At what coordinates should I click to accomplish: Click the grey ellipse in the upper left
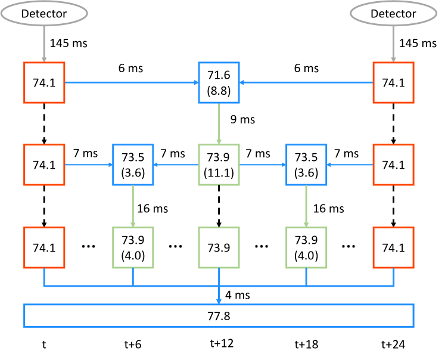pyautogui.click(x=44, y=13)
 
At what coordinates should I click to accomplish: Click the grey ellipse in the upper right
pyautogui.click(x=393, y=13)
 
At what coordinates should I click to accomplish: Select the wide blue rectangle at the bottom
pyautogui.click(x=219, y=316)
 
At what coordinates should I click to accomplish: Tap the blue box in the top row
pyautogui.click(x=219, y=82)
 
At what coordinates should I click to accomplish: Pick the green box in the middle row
pyautogui.click(x=219, y=165)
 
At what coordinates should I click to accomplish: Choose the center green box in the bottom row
pyautogui.click(x=219, y=247)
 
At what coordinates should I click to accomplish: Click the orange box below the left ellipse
pyautogui.click(x=44, y=82)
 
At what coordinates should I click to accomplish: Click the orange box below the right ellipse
pyautogui.click(x=393, y=82)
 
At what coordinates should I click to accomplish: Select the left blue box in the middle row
pyautogui.click(x=133, y=165)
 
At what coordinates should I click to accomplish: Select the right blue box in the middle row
pyautogui.click(x=306, y=165)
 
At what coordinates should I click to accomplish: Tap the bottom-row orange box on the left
pyautogui.click(x=44, y=247)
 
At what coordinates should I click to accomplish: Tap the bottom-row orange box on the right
pyautogui.click(x=393, y=247)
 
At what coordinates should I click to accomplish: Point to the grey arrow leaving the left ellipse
pyautogui.click(x=44, y=44)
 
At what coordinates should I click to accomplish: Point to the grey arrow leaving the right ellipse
pyautogui.click(x=393, y=44)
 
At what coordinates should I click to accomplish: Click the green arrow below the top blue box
pyautogui.click(x=219, y=123)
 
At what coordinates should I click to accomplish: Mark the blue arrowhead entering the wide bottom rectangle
pyautogui.click(x=219, y=302)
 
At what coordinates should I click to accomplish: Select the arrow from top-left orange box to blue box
pyautogui.click(x=131, y=82)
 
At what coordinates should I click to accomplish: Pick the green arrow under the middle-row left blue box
pyautogui.click(x=133, y=206)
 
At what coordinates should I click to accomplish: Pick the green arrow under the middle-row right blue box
pyautogui.click(x=306, y=206)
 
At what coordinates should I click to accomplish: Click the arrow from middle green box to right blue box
pyautogui.click(x=262, y=165)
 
